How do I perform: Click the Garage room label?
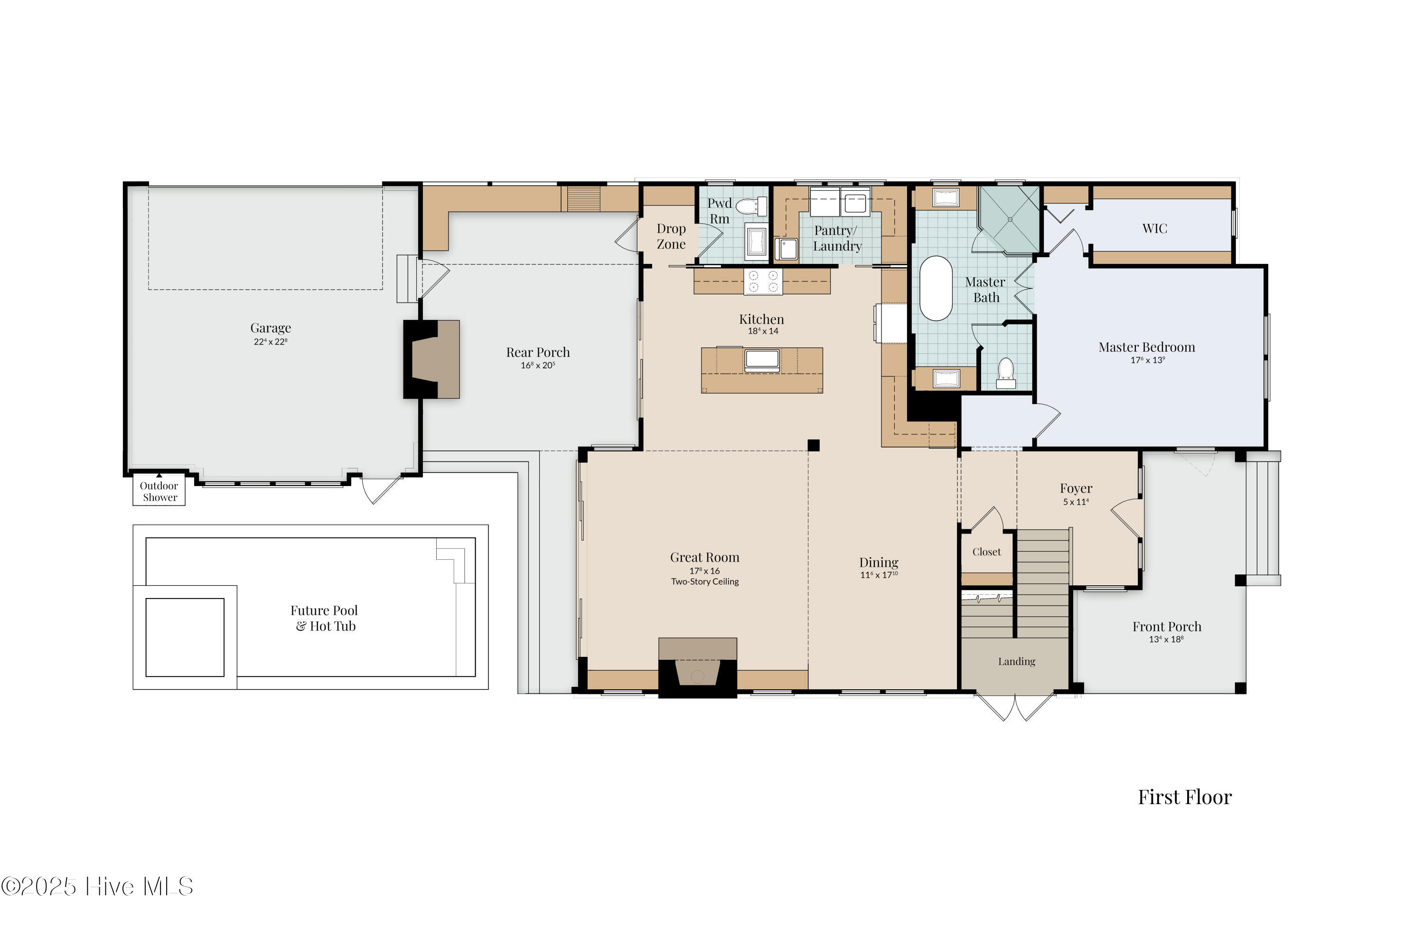pos(271,328)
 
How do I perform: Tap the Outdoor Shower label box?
pos(159,491)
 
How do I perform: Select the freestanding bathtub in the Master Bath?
pos(935,289)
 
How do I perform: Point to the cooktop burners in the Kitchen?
pos(763,281)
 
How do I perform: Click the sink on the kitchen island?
pos(762,360)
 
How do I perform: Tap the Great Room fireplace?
pos(698,673)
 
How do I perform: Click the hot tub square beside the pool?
pos(185,637)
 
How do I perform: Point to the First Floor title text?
pos(1184,797)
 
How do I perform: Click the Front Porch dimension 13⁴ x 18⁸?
pos(1165,639)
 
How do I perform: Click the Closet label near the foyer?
pos(986,552)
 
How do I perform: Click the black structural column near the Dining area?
pos(813,445)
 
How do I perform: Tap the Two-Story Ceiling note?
pos(704,581)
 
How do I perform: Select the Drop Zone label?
pos(671,236)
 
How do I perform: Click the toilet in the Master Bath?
pos(1006,373)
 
